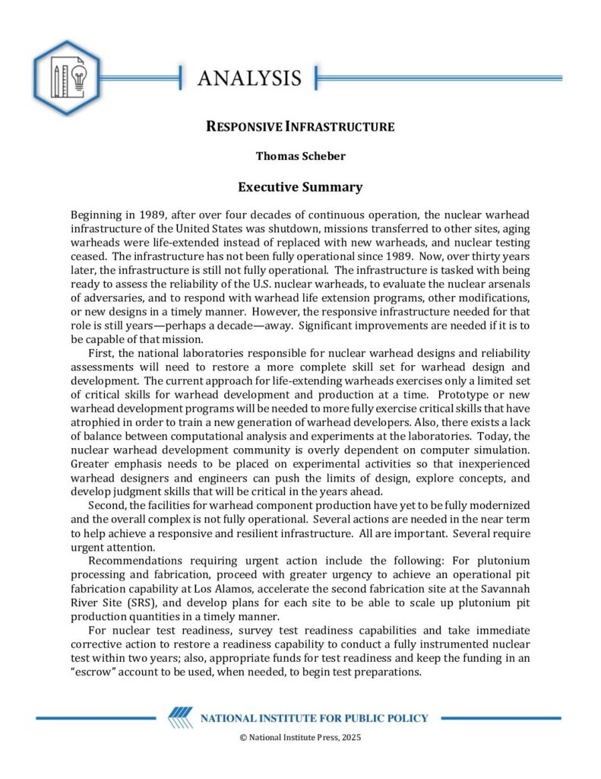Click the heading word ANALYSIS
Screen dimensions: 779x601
(x=249, y=78)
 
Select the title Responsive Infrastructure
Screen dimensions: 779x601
(x=300, y=127)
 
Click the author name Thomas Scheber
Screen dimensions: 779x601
(x=300, y=157)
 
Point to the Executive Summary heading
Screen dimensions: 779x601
(x=300, y=187)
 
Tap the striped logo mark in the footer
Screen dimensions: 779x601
(x=180, y=718)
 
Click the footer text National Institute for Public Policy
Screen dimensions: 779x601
(x=314, y=718)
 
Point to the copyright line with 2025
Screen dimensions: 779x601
(x=300, y=738)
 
